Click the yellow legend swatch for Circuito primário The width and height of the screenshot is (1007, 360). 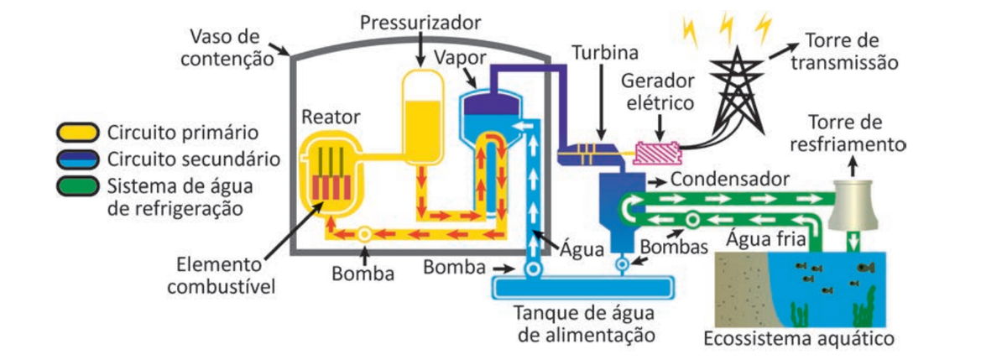click(x=77, y=132)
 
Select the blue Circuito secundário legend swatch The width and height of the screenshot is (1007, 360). click(x=77, y=159)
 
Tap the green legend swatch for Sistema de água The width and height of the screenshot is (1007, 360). click(x=77, y=186)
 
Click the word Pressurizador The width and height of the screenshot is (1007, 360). click(x=420, y=23)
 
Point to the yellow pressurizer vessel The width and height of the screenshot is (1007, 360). click(x=422, y=117)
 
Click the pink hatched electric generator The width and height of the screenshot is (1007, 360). click(x=658, y=154)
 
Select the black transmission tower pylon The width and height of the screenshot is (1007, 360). click(x=738, y=90)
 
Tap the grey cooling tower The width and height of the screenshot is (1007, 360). click(x=853, y=205)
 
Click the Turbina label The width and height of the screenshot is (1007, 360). click(x=605, y=53)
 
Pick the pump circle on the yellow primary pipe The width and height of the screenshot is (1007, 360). click(x=364, y=234)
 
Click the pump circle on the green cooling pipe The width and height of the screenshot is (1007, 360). click(x=693, y=220)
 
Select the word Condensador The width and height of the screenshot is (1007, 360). click(x=729, y=180)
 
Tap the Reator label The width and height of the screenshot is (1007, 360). click(x=331, y=117)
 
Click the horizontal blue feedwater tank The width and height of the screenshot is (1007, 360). click(x=583, y=288)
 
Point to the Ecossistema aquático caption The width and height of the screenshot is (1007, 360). click(x=798, y=339)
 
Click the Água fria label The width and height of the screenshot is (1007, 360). click(x=765, y=239)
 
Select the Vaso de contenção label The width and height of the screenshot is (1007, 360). click(x=227, y=48)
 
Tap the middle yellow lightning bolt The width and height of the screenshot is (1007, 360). click(x=726, y=28)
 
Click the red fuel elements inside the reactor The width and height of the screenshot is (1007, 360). click(x=331, y=187)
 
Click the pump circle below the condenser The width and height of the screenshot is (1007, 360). click(x=622, y=264)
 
